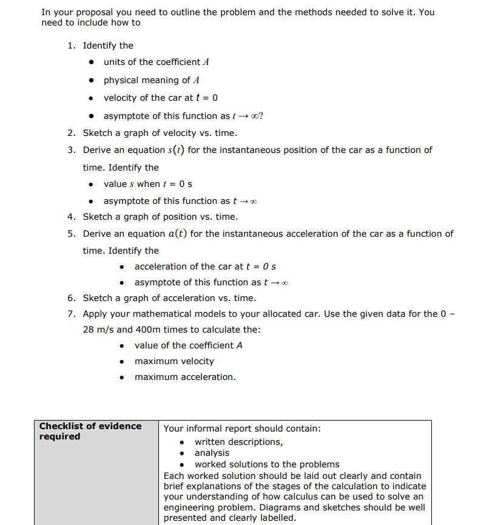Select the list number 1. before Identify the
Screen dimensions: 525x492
click(x=72, y=46)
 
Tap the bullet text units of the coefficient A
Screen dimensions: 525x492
click(x=157, y=62)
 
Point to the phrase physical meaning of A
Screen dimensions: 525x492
click(x=152, y=80)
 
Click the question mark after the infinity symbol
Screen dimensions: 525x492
click(x=261, y=116)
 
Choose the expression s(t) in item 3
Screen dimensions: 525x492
click(x=175, y=150)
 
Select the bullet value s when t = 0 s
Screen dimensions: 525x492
click(x=148, y=184)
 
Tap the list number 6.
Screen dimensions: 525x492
click(x=72, y=298)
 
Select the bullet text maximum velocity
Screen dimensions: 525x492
click(x=174, y=361)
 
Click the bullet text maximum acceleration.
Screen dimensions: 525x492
click(x=185, y=377)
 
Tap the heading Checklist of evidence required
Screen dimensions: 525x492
click(x=90, y=431)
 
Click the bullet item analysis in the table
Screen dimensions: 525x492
click(x=212, y=453)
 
